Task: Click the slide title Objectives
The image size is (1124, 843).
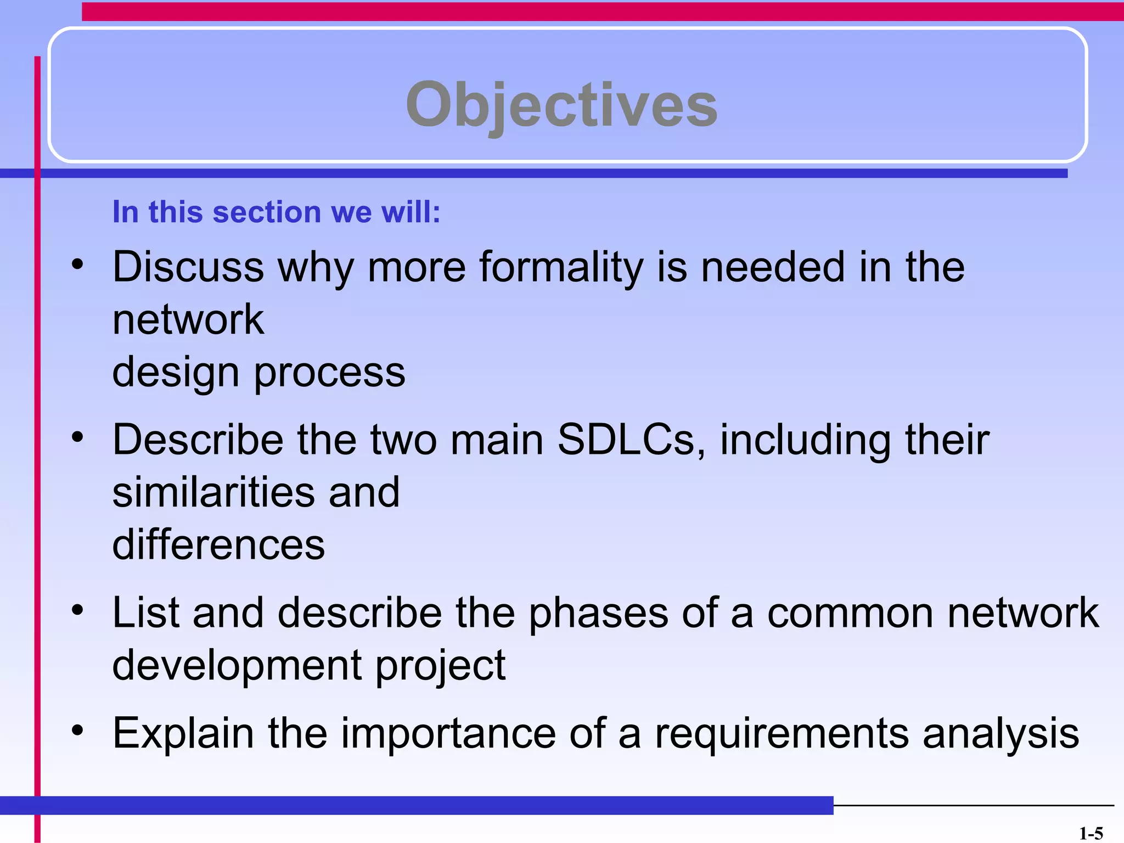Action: [561, 104]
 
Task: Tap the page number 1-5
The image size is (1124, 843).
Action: [1091, 834]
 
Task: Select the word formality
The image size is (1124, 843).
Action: [561, 267]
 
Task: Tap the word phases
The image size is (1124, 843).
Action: [598, 613]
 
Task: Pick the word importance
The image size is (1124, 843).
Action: [448, 734]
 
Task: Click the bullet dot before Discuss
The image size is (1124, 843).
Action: [77, 265]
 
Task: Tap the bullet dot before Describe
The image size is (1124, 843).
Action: [77, 437]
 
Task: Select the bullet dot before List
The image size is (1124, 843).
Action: [77, 610]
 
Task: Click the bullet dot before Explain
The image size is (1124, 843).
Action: [77, 730]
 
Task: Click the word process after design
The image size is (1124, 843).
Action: [329, 373]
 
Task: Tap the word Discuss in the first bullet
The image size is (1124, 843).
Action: [188, 267]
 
